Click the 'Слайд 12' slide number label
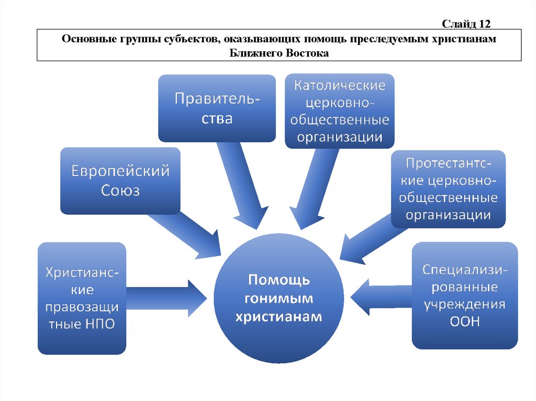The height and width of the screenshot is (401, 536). click(x=465, y=24)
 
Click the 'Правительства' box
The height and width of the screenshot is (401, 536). click(x=217, y=108)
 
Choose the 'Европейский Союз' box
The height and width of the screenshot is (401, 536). click(x=120, y=180)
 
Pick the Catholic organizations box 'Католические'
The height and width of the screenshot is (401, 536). click(x=340, y=111)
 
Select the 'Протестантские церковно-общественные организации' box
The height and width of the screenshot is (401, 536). click(x=449, y=189)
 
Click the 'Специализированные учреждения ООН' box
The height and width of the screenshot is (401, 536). click(x=464, y=295)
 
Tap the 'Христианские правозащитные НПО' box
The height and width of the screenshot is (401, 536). click(x=82, y=298)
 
